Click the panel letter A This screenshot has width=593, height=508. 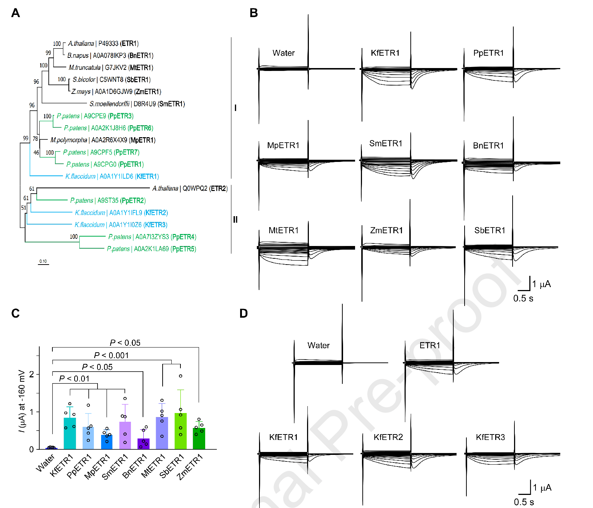15,13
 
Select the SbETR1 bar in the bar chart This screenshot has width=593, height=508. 180,431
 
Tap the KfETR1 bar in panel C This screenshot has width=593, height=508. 69,433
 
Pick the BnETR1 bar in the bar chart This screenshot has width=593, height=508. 143,444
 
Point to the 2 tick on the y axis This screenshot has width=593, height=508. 32,374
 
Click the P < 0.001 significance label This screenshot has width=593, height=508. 111,355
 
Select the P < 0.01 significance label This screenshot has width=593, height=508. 74,379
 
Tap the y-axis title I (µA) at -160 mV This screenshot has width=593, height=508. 22,401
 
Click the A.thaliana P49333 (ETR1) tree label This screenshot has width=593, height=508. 103,44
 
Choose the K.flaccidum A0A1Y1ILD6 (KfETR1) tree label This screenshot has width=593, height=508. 112,176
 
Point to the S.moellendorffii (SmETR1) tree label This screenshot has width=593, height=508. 137,104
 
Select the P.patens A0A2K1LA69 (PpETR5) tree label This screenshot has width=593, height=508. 151,249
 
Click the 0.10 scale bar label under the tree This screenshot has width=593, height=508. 43,261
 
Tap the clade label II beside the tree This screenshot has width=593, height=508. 235,219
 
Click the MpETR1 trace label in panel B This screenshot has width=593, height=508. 283,146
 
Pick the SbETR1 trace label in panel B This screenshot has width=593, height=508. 490,230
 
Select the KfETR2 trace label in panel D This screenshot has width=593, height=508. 388,437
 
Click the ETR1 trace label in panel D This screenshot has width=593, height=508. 430,345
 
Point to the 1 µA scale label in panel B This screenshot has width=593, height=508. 542,284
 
